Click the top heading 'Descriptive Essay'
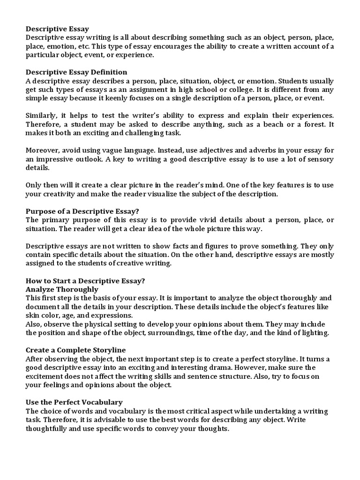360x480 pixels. tap(57, 29)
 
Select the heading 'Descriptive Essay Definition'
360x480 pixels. tap(76, 72)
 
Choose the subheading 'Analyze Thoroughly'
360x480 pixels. tap(62, 289)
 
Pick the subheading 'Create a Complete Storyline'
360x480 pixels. tap(75, 350)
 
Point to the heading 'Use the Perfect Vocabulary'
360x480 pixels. tap(74, 402)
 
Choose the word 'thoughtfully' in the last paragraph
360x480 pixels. tap(48, 428)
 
